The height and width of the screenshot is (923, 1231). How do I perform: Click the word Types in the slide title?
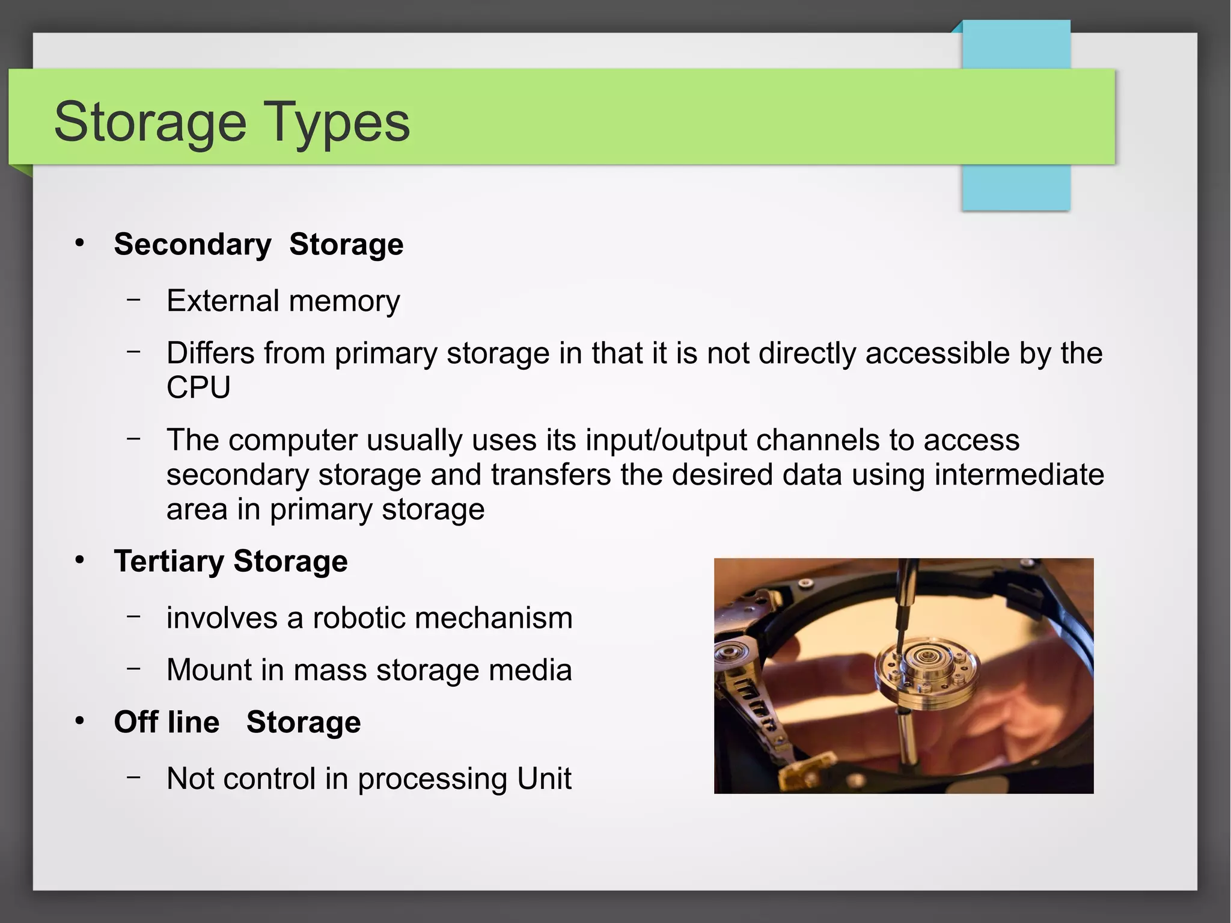pos(337,123)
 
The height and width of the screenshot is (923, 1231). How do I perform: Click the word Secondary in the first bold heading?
pos(192,245)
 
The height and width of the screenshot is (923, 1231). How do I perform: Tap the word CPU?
pos(198,387)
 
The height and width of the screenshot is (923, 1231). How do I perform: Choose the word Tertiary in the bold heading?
pos(169,562)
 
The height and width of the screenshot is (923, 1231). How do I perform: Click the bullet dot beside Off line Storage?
pos(80,720)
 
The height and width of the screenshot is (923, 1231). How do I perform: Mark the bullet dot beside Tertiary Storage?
pos(80,560)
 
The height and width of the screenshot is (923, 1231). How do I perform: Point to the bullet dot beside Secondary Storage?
pos(80,243)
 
